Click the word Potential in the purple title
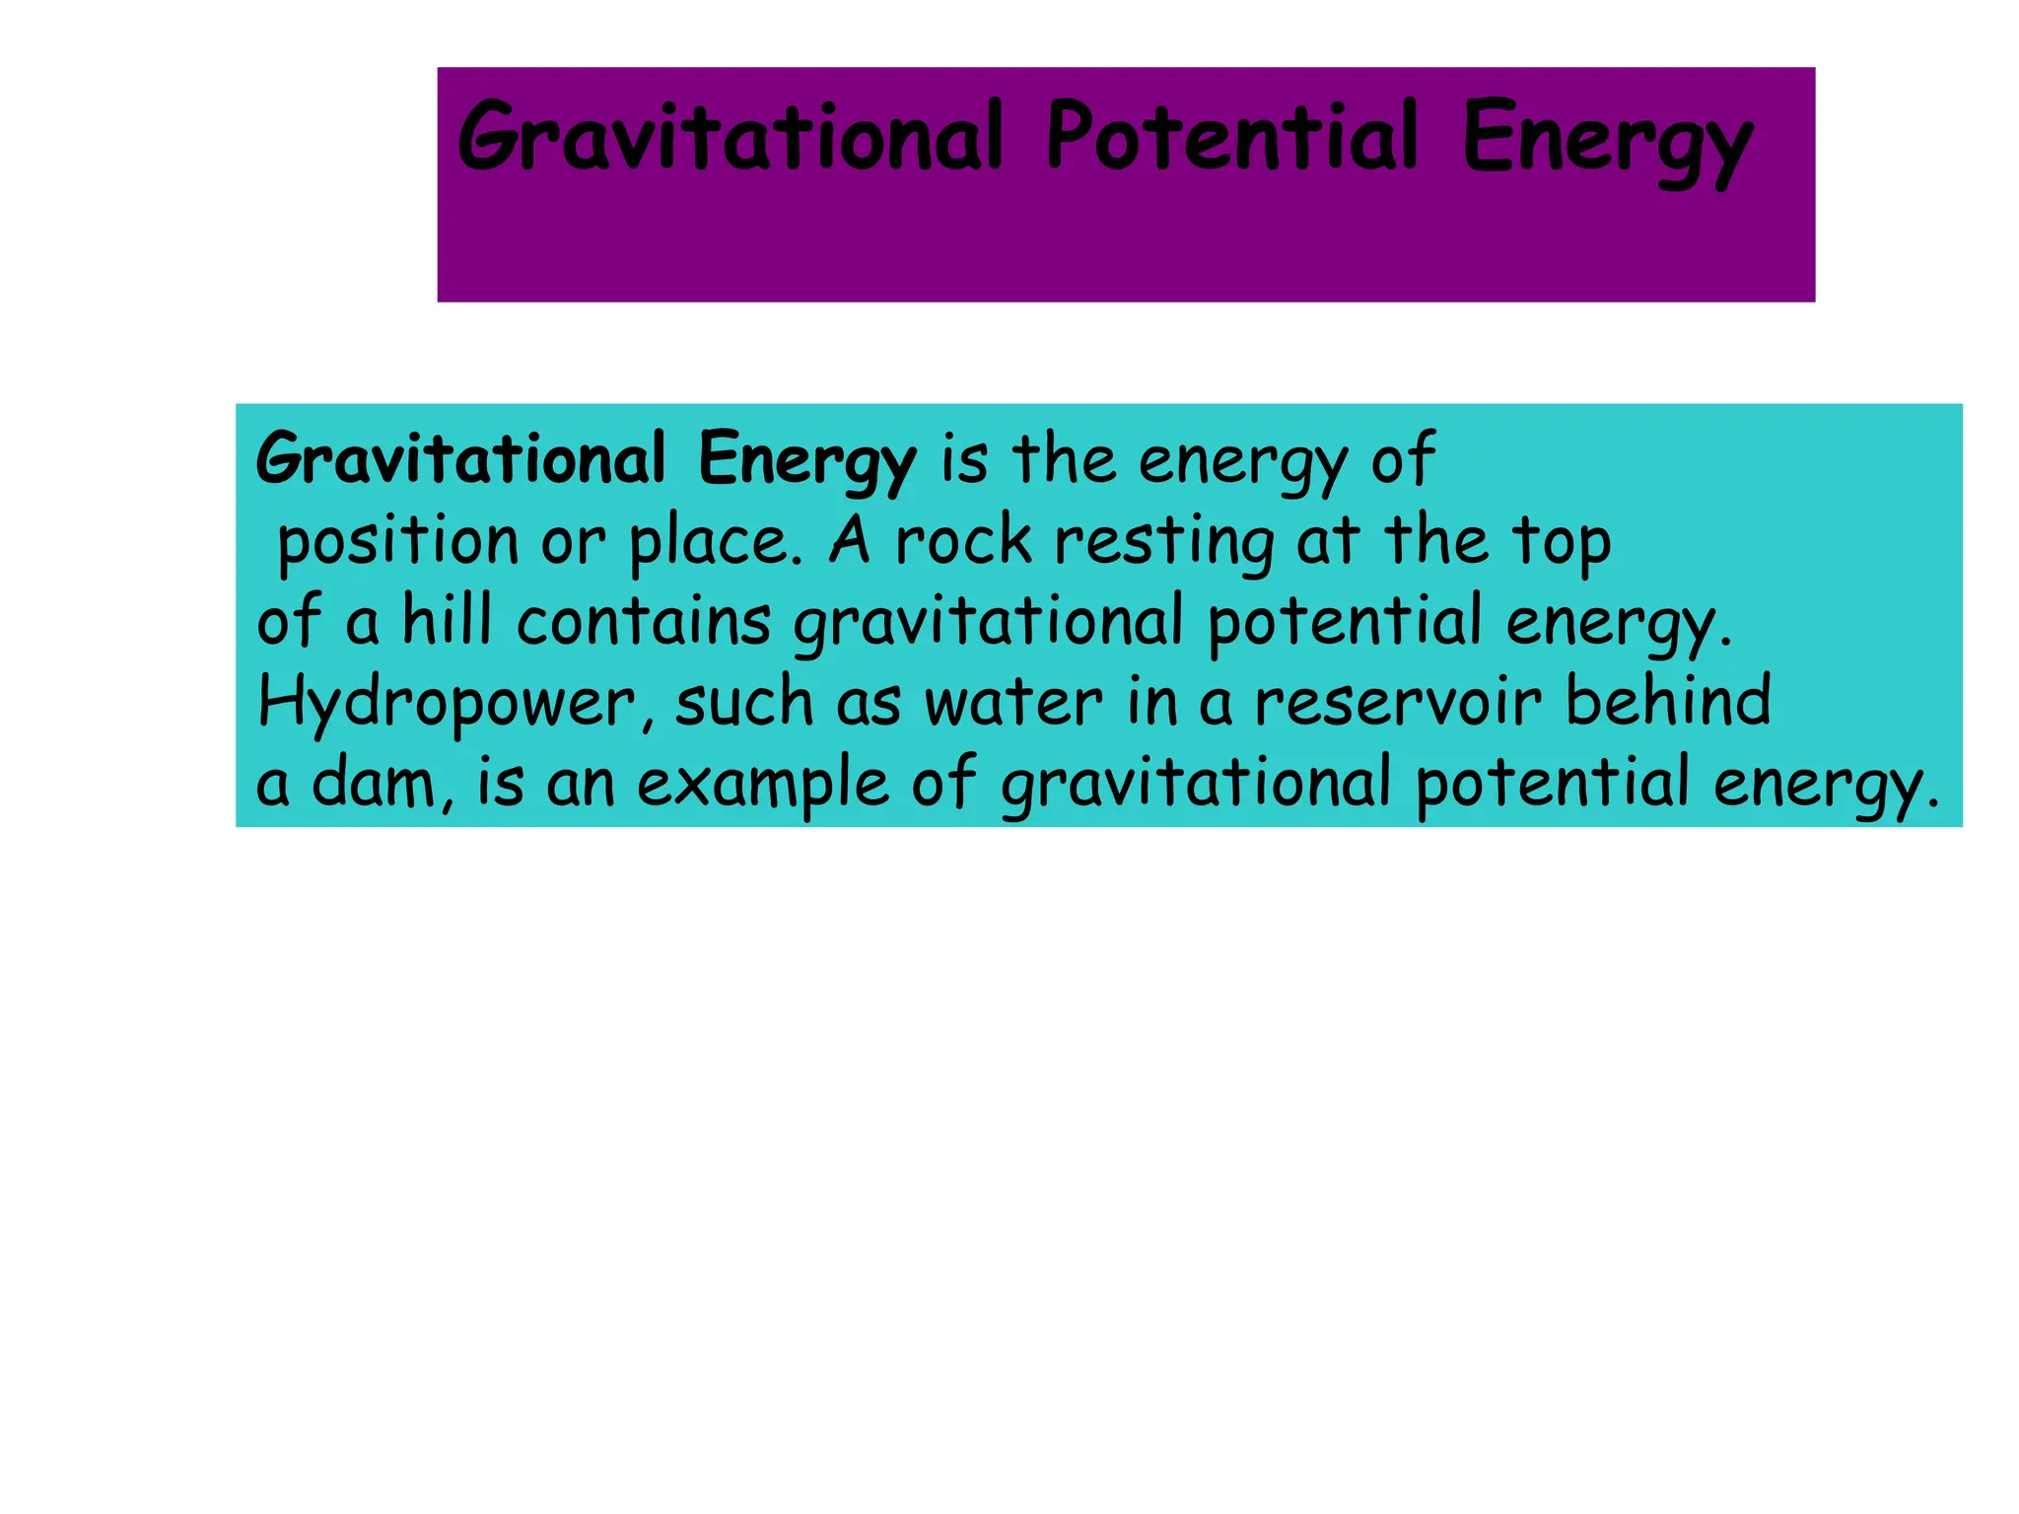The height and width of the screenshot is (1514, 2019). click(x=1232, y=138)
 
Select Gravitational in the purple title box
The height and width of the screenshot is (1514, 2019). click(x=731, y=138)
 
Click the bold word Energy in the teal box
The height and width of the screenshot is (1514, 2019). click(x=806, y=461)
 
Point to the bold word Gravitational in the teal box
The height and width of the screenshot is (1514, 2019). click(x=460, y=459)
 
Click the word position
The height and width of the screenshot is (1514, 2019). click(x=398, y=543)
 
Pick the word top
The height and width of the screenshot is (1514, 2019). click(x=1563, y=543)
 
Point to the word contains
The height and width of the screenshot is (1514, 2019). click(x=644, y=622)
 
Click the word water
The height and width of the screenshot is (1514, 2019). click(x=1012, y=703)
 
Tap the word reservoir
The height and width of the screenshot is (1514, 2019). click(x=1397, y=703)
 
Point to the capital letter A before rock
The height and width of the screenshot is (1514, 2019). click(x=850, y=541)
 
